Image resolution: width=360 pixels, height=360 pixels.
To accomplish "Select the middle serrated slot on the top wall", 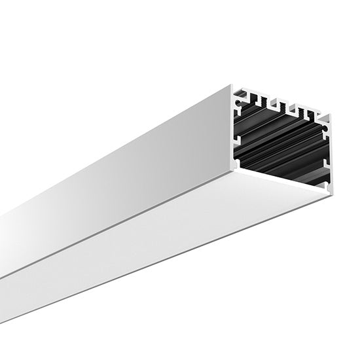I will coord(284,107).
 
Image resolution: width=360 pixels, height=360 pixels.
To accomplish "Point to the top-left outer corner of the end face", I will coord(232,85).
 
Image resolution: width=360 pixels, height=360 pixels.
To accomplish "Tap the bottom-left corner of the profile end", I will coord(234,168).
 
